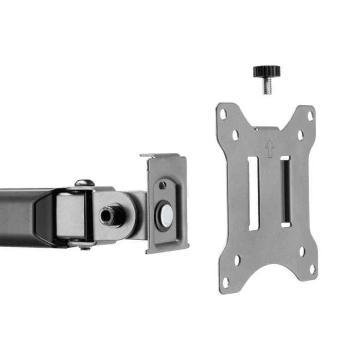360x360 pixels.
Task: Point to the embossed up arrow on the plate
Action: (269, 147)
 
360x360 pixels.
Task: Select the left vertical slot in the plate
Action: (253, 193)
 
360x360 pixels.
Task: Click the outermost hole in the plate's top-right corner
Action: (310, 116)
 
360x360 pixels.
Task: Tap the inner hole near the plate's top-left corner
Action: (236, 135)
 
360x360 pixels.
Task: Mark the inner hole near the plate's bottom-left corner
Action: (238, 260)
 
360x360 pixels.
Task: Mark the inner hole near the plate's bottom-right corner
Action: (302, 251)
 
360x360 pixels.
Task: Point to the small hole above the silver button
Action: (163, 185)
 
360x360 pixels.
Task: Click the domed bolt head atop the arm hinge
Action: (84, 183)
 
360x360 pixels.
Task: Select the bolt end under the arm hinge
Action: (85, 246)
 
